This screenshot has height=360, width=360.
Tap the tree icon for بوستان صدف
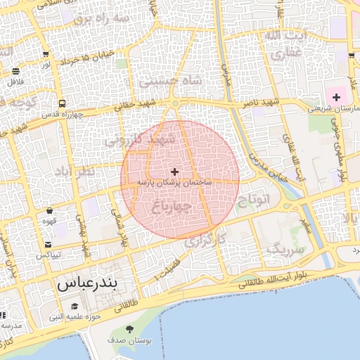[x=130, y=329]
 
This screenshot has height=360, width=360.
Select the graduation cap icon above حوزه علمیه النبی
[x=75, y=307]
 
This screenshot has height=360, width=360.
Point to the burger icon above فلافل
[x=15, y=71]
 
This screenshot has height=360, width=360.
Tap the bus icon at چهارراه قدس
[x=63, y=103]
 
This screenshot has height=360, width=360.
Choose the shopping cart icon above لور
[x=46, y=54]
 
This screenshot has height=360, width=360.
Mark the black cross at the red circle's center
[x=174, y=172]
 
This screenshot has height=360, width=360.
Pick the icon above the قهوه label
[x=49, y=210]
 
